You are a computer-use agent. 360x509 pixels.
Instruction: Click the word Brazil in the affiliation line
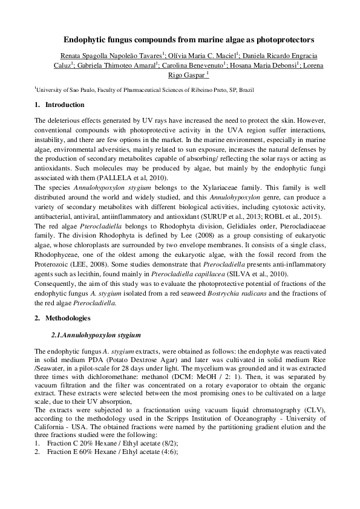click(x=245, y=89)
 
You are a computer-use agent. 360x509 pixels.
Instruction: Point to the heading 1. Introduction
click(x=56, y=105)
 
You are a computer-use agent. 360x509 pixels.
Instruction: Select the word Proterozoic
click(x=52, y=254)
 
